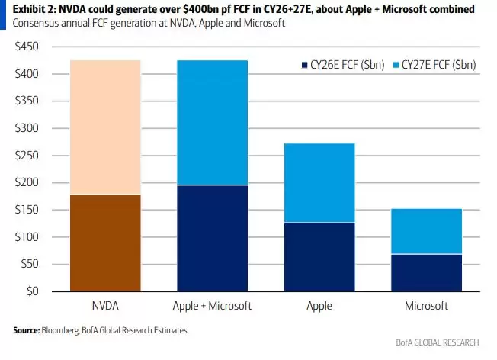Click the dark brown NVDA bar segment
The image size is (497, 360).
(104, 243)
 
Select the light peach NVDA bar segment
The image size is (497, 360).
(104, 127)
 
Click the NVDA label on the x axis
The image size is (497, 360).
(104, 305)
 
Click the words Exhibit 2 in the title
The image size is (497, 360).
(31, 9)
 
